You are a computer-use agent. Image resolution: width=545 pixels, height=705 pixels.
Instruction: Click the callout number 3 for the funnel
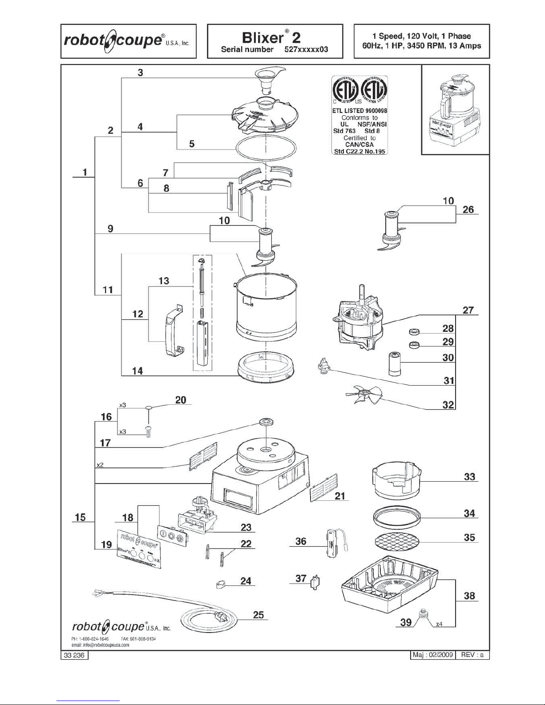[140, 73]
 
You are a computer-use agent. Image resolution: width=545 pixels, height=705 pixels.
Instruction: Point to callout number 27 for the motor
[468, 310]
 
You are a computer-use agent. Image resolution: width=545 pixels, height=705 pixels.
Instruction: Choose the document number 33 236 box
[74, 655]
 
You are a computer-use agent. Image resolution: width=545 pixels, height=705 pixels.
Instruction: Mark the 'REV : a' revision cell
[472, 655]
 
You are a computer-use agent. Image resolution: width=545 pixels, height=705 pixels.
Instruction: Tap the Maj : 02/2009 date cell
[432, 655]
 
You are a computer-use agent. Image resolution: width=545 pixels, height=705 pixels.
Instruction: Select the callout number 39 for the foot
[406, 622]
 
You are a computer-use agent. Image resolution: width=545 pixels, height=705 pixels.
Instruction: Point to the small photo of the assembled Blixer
[455, 109]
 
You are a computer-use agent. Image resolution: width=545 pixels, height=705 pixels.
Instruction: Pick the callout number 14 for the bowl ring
[138, 371]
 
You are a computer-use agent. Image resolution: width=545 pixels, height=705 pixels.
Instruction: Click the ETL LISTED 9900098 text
[359, 111]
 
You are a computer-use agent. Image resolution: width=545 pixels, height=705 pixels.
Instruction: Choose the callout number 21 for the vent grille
[340, 496]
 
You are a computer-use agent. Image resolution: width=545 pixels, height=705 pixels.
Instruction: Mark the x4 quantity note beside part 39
[439, 624]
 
